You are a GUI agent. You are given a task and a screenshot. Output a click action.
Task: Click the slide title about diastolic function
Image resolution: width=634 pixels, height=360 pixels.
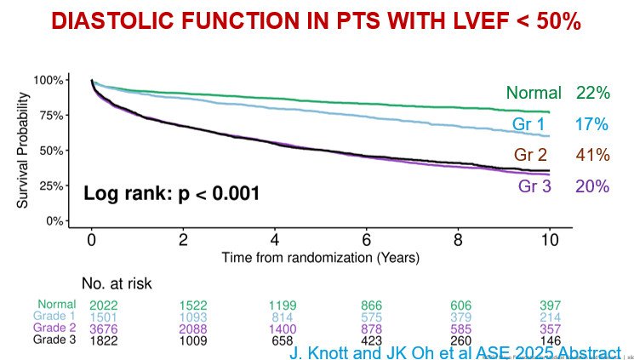pos(317,22)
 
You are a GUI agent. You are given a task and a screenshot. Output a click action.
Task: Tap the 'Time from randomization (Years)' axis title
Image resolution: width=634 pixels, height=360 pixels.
pos(320,257)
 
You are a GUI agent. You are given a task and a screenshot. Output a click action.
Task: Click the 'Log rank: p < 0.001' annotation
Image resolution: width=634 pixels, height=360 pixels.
pos(171,194)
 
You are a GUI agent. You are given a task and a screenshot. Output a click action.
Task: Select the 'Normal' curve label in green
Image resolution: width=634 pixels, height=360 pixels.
pos(534,94)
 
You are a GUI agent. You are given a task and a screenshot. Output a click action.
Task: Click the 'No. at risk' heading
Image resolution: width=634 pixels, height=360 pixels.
pos(116,283)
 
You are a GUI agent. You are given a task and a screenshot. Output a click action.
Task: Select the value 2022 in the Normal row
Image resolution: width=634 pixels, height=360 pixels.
pos(105,305)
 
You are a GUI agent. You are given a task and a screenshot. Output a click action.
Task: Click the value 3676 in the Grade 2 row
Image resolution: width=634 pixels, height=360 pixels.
pos(105,329)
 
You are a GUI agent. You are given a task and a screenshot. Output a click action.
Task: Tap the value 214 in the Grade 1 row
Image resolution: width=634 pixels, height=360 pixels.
pos(551,317)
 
